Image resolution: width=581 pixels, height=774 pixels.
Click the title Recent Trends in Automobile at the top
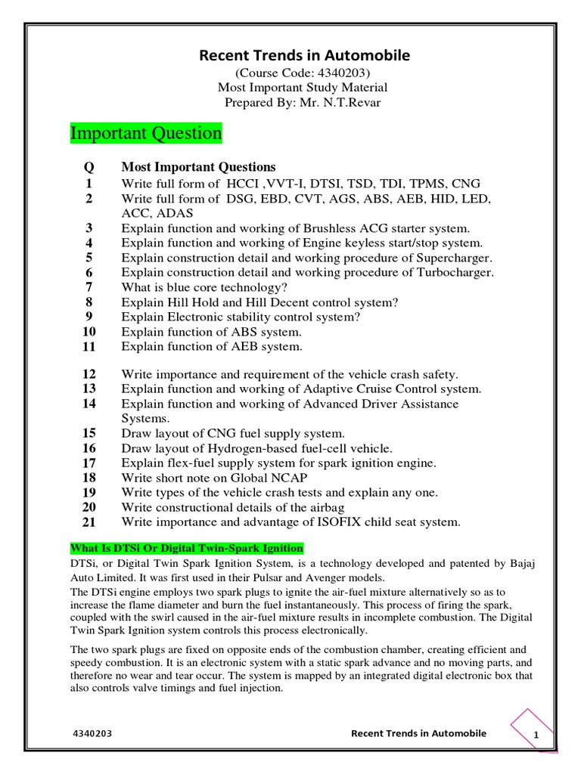point(304,55)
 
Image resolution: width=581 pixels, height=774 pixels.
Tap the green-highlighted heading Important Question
point(146,134)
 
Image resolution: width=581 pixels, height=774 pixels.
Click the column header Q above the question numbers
point(89,167)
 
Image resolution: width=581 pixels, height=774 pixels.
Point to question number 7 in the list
point(89,287)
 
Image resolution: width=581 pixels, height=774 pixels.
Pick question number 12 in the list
point(89,374)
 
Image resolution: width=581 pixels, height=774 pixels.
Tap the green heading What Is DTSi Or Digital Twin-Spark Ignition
point(187,548)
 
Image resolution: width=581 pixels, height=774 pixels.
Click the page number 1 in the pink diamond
point(536,736)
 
